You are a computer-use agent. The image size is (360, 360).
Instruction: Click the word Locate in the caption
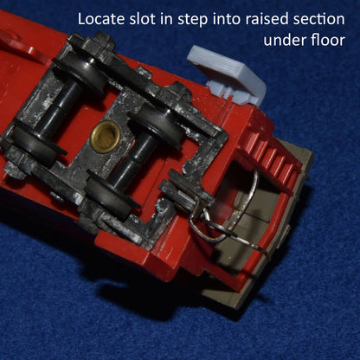[x=102, y=18]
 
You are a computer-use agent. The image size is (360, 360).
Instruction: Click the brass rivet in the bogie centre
[x=107, y=134]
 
